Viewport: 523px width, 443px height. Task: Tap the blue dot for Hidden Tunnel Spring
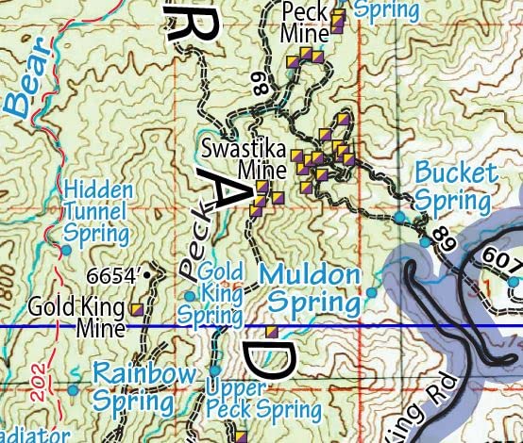pyautogui.click(x=66, y=250)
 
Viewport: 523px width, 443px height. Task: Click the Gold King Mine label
pyautogui.click(x=77, y=318)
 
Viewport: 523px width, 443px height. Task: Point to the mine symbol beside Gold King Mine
pyautogui.click(x=137, y=308)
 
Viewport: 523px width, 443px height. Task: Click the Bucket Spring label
pyautogui.click(x=455, y=187)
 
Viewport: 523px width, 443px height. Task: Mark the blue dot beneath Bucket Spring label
pyautogui.click(x=399, y=217)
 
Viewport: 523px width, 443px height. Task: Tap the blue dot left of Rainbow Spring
pyautogui.click(x=73, y=389)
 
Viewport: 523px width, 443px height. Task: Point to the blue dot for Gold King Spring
pyautogui.click(x=189, y=295)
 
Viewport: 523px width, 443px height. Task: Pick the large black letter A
pyautogui.click(x=227, y=190)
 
